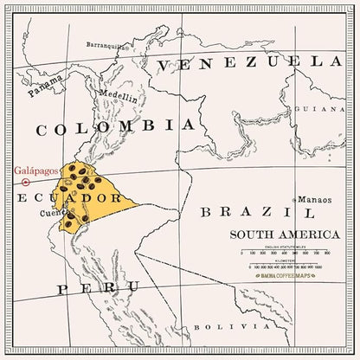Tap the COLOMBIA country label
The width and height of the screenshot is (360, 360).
click(x=114, y=127)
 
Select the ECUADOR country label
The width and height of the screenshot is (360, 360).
click(x=55, y=198)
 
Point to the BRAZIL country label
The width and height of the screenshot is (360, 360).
click(x=257, y=212)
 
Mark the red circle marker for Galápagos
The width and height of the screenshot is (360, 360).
click(x=26, y=183)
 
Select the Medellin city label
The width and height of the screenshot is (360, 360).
click(x=119, y=98)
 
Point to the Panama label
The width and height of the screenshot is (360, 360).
click(x=45, y=87)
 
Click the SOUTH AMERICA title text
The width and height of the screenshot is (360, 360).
click(x=274, y=235)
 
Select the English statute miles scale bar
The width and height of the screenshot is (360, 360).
click(x=279, y=256)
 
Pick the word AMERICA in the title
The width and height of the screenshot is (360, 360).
click(x=293, y=235)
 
